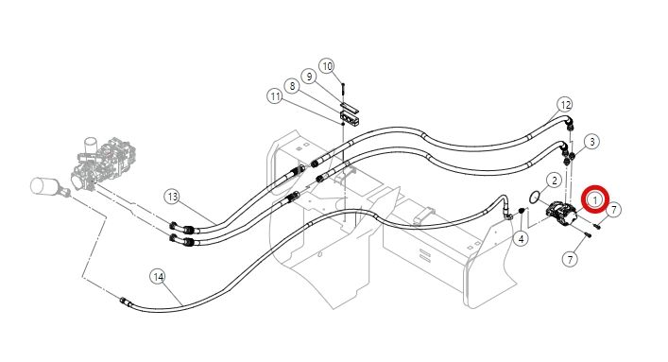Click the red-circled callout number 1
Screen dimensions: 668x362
tap(595, 198)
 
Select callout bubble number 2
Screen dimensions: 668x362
tap(554, 181)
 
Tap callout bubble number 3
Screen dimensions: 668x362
tap(591, 142)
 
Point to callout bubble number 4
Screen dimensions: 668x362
tap(521, 239)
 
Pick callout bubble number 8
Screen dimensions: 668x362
tap(292, 86)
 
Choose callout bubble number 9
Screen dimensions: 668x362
tap(309, 77)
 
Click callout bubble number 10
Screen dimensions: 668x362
tap(327, 66)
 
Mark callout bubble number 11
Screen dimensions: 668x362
tap(275, 96)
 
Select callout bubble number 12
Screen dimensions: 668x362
tap(565, 105)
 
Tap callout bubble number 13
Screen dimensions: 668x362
tap(173, 197)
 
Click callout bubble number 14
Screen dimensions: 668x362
tap(158, 277)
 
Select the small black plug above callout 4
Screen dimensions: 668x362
tap(521, 211)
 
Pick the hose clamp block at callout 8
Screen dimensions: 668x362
tap(350, 118)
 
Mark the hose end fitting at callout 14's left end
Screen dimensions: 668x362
tap(125, 301)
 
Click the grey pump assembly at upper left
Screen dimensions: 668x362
tap(102, 164)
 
